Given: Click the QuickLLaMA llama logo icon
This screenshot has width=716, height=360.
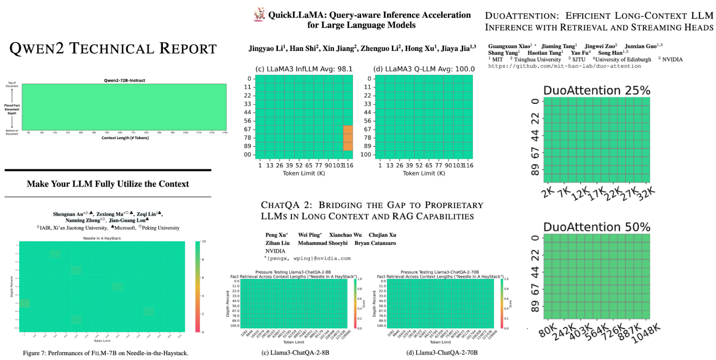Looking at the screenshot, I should pyautogui.click(x=259, y=15).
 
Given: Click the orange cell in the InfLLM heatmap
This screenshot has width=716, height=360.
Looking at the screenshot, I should pyautogui.click(x=348, y=138).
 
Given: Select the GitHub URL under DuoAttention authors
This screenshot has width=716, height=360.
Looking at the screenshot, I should pyautogui.click(x=564, y=66).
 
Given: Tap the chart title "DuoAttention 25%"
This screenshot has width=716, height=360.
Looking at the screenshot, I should pyautogui.click(x=597, y=90).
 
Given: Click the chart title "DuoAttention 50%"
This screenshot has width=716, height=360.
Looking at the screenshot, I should pyautogui.click(x=597, y=227).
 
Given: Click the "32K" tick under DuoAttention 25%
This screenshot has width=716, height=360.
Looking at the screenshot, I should pyautogui.click(x=646, y=194).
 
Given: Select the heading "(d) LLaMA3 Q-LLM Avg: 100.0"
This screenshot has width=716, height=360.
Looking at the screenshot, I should pyautogui.click(x=424, y=69).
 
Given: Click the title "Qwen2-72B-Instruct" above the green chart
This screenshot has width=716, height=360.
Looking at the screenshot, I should pyautogui.click(x=124, y=80).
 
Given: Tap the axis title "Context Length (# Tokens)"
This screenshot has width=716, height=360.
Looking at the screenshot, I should pyautogui.click(x=125, y=138).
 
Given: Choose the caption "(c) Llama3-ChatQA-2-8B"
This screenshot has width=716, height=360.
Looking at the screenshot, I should pyautogui.click(x=295, y=352).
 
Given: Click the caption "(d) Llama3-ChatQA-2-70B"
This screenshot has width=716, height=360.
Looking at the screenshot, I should pyautogui.click(x=442, y=352).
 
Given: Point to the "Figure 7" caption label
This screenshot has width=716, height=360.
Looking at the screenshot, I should pyautogui.click(x=34, y=353).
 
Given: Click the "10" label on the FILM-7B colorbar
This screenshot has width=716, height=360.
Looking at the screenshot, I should pyautogui.click(x=204, y=241).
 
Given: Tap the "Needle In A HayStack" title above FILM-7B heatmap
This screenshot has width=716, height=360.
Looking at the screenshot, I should pyautogui.click(x=102, y=238).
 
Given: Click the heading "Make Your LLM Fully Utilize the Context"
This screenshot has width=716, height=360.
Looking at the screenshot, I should pyautogui.click(x=108, y=184).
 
